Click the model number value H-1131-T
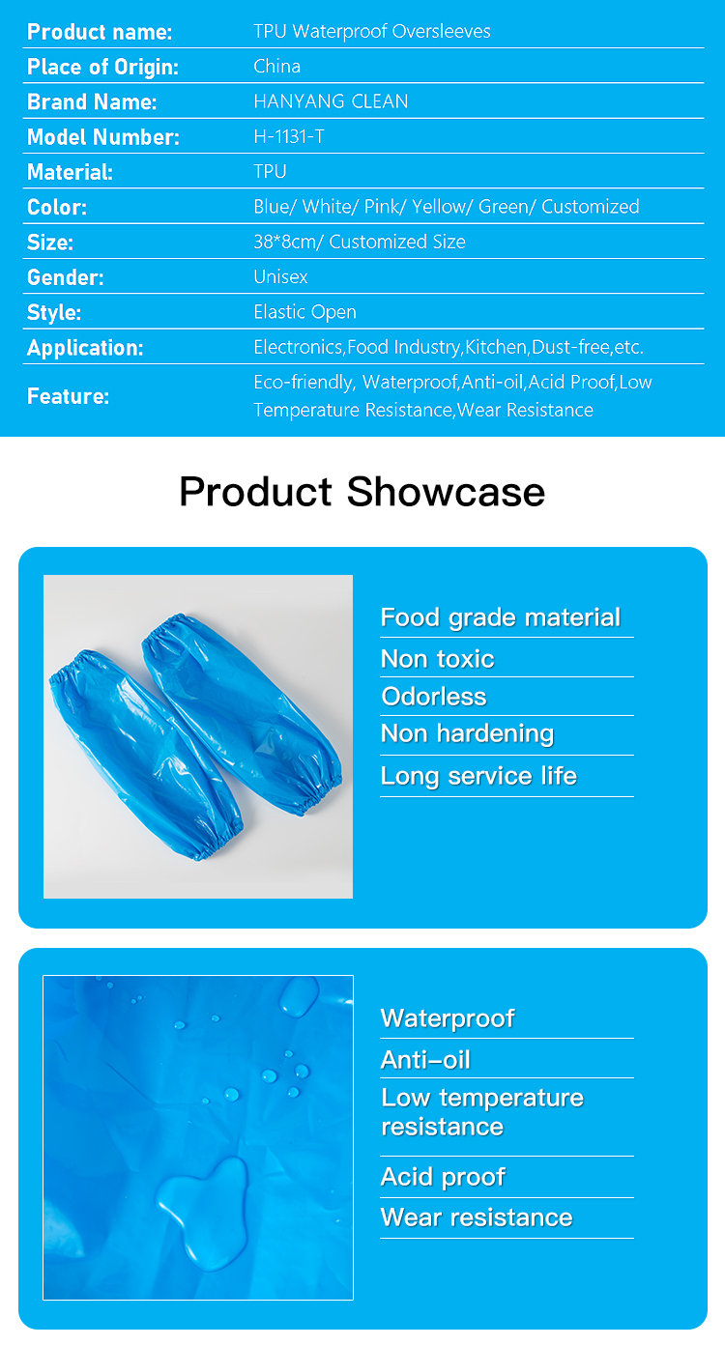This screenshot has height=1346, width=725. [x=289, y=136]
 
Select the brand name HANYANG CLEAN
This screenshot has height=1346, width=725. [x=331, y=101]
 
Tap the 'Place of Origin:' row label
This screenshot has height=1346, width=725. [x=102, y=67]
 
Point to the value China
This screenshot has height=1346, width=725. [x=276, y=67]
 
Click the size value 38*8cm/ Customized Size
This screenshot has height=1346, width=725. [x=359, y=242]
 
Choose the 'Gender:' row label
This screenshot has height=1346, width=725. [x=65, y=277]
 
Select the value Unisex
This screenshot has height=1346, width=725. [x=280, y=276]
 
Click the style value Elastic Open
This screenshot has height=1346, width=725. [x=304, y=312]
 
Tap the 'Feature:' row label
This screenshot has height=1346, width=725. [x=68, y=396]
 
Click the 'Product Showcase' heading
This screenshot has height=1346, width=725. [x=362, y=492]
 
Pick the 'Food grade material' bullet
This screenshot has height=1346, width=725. [x=500, y=617]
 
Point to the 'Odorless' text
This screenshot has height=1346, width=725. [x=433, y=697]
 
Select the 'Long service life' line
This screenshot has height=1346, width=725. [x=478, y=776]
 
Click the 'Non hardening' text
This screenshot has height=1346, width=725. [x=467, y=734]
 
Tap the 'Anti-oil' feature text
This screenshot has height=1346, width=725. [x=425, y=1060]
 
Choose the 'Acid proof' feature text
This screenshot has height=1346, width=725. [x=443, y=1177]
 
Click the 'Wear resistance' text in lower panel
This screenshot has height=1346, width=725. [x=477, y=1217]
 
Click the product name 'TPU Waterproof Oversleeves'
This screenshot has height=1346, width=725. [x=371, y=31]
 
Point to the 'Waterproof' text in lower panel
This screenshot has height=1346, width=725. [x=448, y=1018]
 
